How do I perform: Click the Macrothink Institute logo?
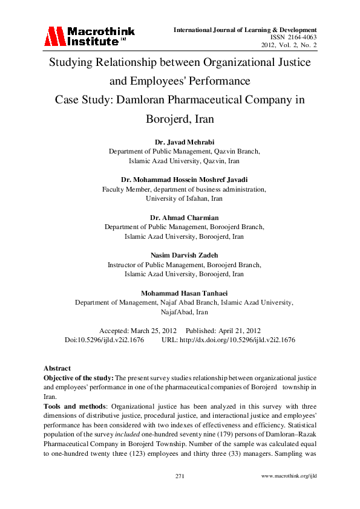[88, 36]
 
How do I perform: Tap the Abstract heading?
[57, 368]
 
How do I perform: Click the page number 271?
[180, 476]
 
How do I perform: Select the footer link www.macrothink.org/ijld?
[289, 476]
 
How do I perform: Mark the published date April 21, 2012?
[240, 331]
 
